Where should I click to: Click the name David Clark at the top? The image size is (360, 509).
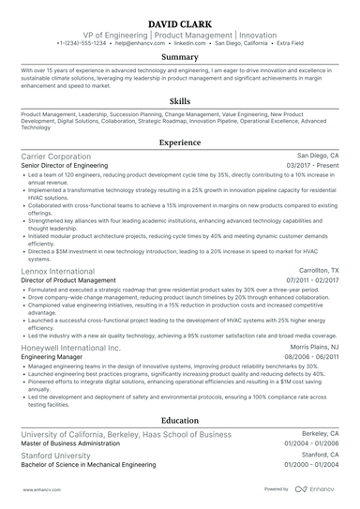tap(179, 20)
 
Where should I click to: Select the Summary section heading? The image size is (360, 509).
tap(179, 58)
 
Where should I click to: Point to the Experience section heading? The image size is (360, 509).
tap(179, 143)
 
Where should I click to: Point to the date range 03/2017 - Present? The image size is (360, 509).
tap(313, 166)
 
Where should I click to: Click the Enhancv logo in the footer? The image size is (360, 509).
tap(316, 488)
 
